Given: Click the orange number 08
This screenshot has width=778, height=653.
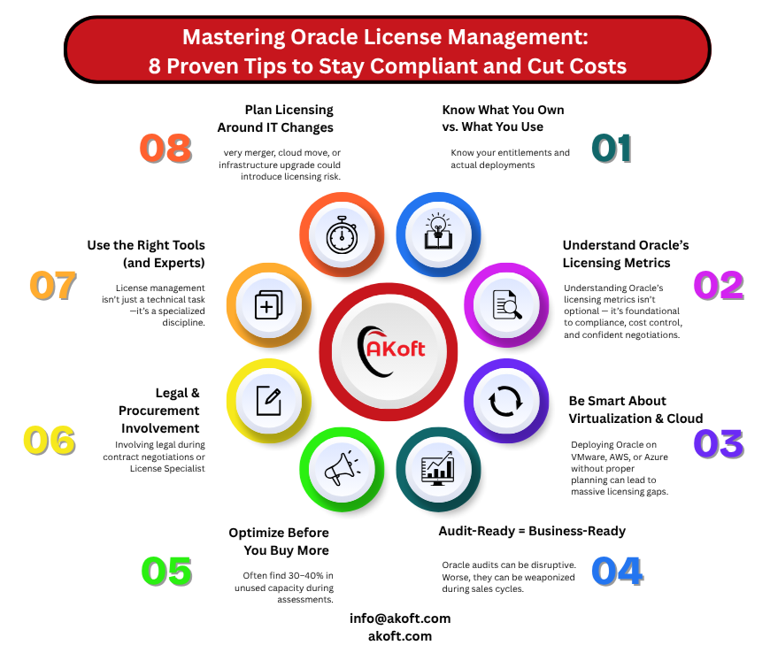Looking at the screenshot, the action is point(166,149).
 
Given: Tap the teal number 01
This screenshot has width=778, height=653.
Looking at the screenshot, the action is point(612,149).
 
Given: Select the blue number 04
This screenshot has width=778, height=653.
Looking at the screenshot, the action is point(618,571).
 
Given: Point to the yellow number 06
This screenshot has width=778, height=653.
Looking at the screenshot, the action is point(49,441).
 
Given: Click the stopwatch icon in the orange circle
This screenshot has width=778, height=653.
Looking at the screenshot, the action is point(342,234).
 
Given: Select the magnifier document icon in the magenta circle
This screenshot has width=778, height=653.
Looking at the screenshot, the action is point(506,304).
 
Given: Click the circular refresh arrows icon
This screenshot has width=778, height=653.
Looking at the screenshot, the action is point(505,401).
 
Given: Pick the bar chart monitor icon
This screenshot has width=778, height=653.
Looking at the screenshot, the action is point(437,469).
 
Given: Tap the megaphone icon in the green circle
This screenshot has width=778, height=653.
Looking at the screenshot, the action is point(342,468).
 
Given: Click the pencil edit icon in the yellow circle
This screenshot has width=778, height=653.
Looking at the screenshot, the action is point(269,401).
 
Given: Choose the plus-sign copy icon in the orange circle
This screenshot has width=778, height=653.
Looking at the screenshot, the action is point(268,304).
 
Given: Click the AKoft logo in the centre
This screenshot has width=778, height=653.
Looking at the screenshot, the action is point(390,350).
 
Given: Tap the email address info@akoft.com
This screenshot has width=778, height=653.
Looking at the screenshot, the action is point(400,618).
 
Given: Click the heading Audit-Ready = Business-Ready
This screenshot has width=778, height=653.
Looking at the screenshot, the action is point(532,532).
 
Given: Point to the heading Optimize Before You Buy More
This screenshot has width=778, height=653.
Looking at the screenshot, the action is point(279,542).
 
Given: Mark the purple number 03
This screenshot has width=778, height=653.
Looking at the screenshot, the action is point(719,443).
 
